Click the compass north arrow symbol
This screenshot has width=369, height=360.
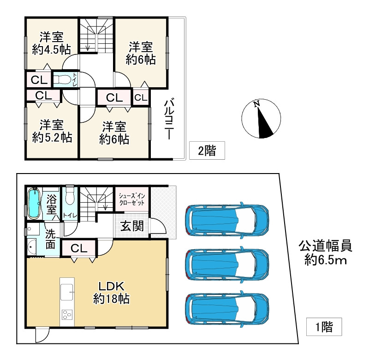pos(261,118)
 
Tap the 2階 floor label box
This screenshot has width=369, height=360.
pos(207,150)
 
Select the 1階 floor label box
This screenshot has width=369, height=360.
pos(324,327)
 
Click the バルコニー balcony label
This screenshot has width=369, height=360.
pos(169,120)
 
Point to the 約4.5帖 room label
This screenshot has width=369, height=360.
pos(51,49)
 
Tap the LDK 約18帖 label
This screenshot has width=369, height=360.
pos(111,293)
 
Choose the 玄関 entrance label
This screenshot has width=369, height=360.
pos(132,226)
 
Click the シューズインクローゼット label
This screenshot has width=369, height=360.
pos(132,199)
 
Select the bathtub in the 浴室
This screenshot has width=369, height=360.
pos(33,204)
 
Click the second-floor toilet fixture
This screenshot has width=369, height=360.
pos(62,79)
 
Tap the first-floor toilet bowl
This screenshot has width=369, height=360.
pos(70,195)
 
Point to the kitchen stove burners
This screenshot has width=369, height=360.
pos(67,314)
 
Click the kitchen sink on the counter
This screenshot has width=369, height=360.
pos(67,292)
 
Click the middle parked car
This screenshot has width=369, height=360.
pos(227,264)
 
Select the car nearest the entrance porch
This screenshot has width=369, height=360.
pos(227,220)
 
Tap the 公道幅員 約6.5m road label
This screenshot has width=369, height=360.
pos(326,253)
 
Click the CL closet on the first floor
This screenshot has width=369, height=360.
pos(79,248)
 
